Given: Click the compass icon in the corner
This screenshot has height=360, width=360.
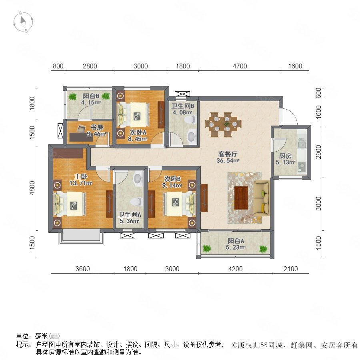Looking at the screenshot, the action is (x=23, y=22).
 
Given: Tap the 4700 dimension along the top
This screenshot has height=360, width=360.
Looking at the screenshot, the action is (x=240, y=66).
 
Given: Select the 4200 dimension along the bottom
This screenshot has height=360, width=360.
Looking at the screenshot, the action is (x=235, y=269).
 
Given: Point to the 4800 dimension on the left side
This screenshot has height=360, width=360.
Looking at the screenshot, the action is (x=32, y=188).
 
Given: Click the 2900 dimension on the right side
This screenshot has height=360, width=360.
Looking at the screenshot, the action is (x=319, y=152).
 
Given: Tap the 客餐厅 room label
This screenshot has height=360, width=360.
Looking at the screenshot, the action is (x=228, y=154).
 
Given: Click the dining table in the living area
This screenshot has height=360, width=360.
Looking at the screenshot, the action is (x=223, y=125).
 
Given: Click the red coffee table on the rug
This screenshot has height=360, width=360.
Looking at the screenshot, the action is (x=241, y=198).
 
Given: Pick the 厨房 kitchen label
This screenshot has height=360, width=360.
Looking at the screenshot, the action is (x=285, y=156).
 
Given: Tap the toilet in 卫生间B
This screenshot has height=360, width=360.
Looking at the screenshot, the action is (x=190, y=119).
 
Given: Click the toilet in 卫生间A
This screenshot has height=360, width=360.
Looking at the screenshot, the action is (x=136, y=202).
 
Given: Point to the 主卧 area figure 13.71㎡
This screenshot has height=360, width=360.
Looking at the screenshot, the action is (x=81, y=183).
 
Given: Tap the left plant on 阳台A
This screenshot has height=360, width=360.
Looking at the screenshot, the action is (x=207, y=248).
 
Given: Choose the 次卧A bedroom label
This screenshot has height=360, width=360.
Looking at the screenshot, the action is (x=138, y=132).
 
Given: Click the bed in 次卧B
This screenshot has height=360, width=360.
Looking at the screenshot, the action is (x=179, y=204).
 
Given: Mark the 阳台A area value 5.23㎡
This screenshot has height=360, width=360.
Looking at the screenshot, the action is (x=236, y=248).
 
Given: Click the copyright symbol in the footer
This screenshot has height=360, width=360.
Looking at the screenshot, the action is (x=234, y=345).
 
